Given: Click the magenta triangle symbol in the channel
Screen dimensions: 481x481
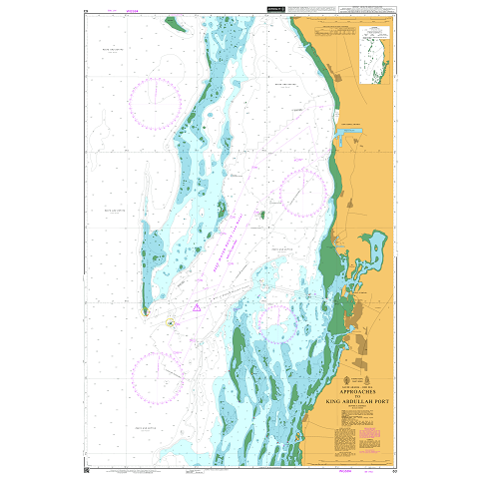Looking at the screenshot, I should point(198,307).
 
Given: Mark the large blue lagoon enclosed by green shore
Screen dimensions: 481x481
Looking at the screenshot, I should point(375,244).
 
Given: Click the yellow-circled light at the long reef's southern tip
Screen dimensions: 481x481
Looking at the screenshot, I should point(146,310).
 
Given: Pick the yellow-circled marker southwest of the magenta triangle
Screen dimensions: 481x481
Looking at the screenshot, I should point(170,322).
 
